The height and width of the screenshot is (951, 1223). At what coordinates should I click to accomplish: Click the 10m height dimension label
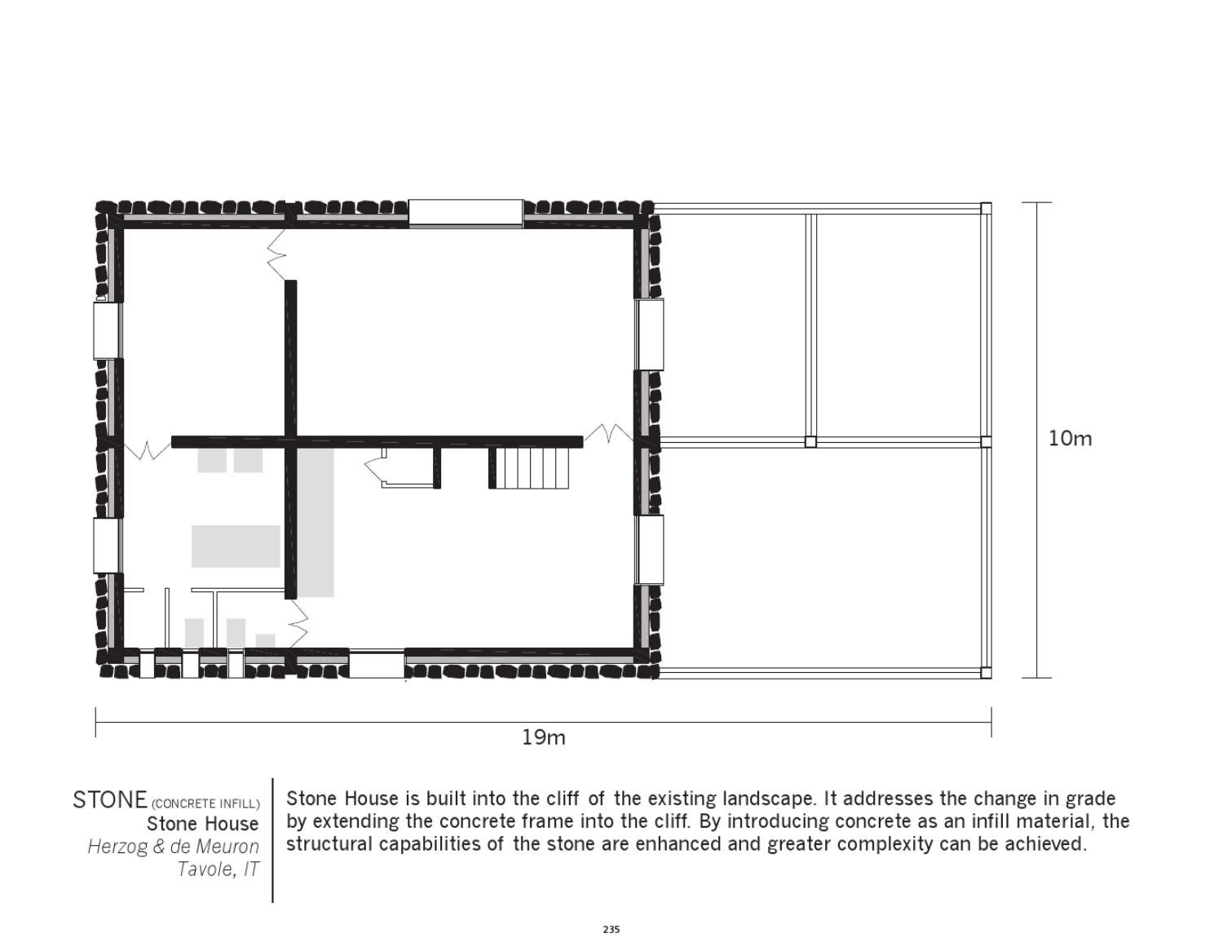pos(1070,439)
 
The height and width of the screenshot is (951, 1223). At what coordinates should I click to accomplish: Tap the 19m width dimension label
pos(543,737)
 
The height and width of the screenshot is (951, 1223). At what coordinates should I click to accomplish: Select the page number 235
pos(611,929)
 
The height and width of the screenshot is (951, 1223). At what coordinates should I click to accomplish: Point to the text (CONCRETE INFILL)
pos(205,803)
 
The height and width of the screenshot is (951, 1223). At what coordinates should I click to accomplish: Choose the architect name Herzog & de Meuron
pos(173,847)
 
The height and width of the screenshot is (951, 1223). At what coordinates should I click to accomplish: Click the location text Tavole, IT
pos(218,869)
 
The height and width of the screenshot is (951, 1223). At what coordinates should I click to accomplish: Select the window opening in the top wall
pos(466,213)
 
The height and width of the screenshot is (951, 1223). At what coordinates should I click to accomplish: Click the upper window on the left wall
pos(107,330)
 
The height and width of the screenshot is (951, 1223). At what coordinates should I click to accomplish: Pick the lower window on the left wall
pos(107,545)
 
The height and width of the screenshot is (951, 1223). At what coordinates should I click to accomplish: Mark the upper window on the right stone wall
pos(650,334)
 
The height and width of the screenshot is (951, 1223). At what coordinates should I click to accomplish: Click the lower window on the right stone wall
pos(650,550)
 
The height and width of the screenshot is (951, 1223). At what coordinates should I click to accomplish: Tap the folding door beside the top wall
pos(277,254)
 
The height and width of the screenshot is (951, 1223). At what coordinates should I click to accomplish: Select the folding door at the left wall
pos(147,448)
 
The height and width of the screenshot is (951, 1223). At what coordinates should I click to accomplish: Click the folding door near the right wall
pos(608,433)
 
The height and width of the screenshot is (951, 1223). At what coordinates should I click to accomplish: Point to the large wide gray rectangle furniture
pos(236,546)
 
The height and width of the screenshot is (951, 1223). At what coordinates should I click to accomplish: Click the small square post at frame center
pos(810,441)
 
